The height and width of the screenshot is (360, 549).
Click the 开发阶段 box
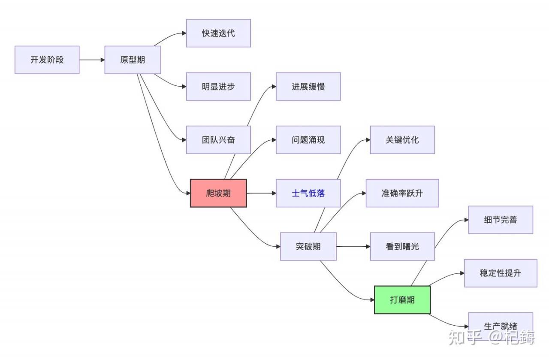pos(47,60)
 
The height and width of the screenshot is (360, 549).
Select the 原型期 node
pos(133,60)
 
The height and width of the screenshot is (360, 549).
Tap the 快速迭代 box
pos(218,33)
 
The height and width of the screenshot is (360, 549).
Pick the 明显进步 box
pos(218,87)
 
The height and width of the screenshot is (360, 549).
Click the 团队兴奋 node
pos(218,140)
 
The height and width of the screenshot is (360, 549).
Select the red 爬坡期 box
pos(218,193)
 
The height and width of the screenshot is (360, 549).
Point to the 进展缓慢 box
pos(308,87)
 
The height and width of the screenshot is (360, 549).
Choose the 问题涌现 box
pos(308,140)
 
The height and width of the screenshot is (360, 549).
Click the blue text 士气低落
pos(308,193)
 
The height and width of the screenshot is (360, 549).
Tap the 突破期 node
pos(308,246)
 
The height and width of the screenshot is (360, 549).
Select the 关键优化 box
pos(402,140)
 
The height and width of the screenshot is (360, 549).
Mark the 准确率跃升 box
pos(402,193)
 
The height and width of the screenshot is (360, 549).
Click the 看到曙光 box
pos(402,246)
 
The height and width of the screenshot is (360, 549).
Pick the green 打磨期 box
pos(402,299)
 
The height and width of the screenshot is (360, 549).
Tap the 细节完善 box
pos(501,220)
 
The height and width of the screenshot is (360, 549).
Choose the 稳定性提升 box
pos(501,273)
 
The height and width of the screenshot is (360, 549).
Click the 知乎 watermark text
pos(465,338)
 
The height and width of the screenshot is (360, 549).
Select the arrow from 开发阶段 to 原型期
pos(92,60)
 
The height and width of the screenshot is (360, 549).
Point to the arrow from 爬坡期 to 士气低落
pos(261,193)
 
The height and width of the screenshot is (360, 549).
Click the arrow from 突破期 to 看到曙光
pos(353,246)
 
